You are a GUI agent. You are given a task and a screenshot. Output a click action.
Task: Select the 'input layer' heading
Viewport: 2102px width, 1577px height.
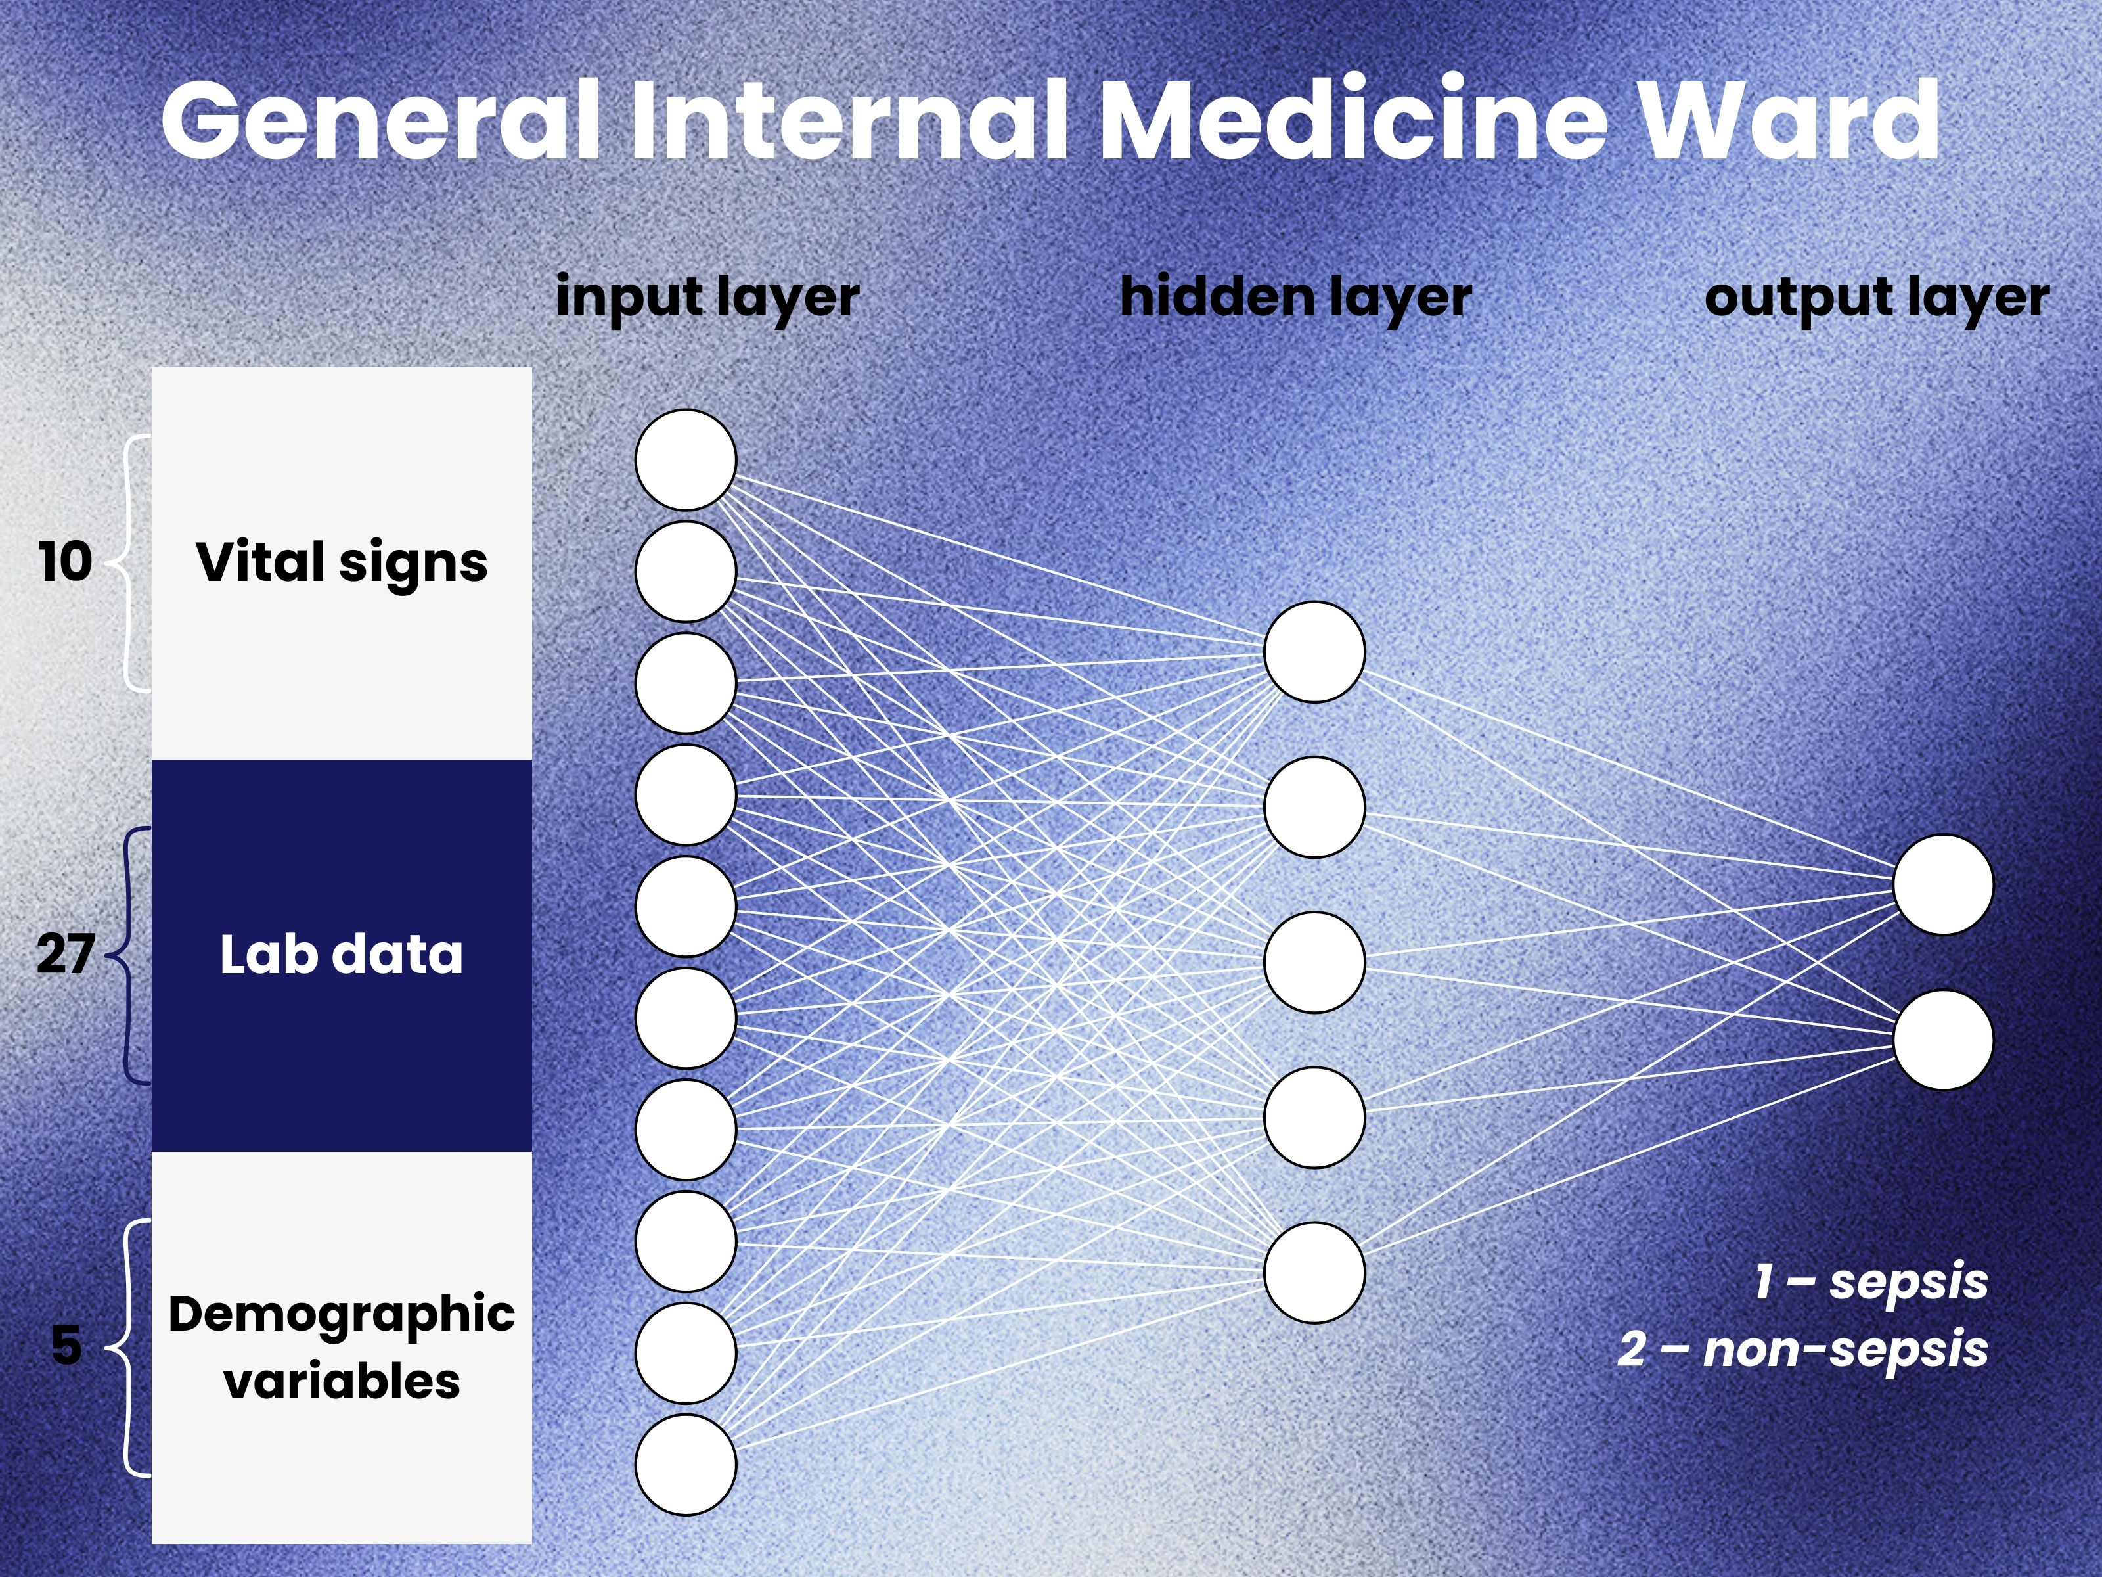click(x=707, y=298)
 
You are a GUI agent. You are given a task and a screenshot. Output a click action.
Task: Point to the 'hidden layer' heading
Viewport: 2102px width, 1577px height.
click(x=1295, y=298)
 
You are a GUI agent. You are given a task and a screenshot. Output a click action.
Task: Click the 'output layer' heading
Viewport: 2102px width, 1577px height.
click(x=1876, y=298)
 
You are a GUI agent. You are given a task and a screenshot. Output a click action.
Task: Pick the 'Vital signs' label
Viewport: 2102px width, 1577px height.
click(x=341, y=562)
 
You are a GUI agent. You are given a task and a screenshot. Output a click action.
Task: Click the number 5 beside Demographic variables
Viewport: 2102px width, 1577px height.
click(x=66, y=1345)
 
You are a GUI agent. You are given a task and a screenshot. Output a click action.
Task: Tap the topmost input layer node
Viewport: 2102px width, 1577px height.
click(x=685, y=460)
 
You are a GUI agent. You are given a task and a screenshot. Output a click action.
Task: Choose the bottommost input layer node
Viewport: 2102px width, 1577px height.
click(x=685, y=1464)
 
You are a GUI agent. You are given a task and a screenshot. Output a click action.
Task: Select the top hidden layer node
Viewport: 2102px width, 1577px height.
click(x=1314, y=652)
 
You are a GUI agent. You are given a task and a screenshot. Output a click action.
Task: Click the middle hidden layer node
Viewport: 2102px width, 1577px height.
click(x=1314, y=962)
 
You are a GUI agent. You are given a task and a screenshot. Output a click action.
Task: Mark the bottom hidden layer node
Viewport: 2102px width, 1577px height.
click(x=1314, y=1272)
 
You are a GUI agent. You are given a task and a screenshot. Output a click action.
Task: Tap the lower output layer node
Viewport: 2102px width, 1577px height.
click(x=1942, y=1040)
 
